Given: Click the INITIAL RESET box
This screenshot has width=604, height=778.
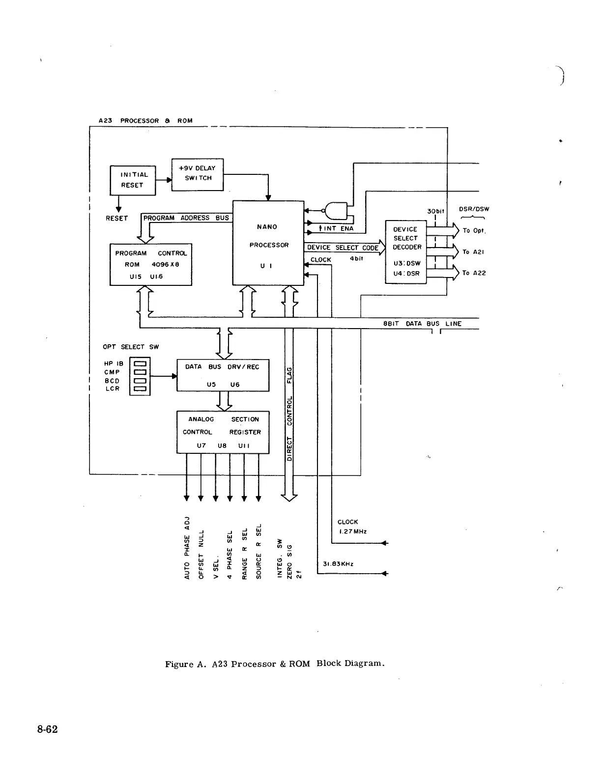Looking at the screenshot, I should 132,180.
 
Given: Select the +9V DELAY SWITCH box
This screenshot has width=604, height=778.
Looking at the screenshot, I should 198,174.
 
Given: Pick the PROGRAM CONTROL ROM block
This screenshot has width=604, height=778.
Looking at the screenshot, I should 150,264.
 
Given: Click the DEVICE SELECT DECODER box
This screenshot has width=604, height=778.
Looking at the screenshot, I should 406,251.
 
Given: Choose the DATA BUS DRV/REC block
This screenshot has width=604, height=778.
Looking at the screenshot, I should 223,375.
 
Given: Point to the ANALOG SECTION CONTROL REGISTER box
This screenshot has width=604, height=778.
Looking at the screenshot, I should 223,432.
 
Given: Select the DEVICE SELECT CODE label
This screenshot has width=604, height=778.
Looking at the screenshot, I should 343,248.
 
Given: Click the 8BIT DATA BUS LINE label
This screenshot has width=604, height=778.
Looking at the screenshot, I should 422,324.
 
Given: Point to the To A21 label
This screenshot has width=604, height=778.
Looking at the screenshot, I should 473,252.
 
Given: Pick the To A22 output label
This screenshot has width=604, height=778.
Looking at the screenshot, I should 474,273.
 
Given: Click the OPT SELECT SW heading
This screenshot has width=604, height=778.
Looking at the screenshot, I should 131,347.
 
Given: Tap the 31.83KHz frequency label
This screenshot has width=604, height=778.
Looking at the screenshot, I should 338,564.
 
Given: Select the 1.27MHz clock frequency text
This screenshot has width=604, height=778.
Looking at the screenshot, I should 352,531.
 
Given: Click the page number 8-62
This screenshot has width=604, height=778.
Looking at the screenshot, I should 47,729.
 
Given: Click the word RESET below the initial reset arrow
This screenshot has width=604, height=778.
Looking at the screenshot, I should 116,218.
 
